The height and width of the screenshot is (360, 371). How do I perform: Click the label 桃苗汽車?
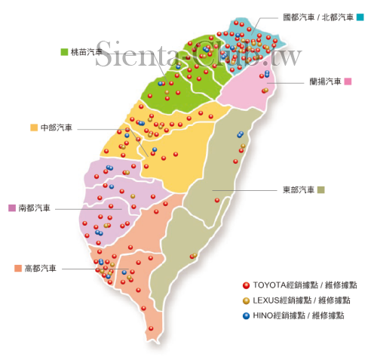(x=87, y=52)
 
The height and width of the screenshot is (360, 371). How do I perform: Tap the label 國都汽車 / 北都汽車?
(x=317, y=17)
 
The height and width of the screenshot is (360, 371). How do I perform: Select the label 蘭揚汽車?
(x=325, y=81)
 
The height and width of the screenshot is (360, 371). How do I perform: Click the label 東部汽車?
(x=298, y=189)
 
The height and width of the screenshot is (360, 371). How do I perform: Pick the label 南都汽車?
(x=34, y=208)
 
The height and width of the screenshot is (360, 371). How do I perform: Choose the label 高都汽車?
(x=41, y=268)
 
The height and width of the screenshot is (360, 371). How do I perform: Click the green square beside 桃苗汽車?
(x=65, y=52)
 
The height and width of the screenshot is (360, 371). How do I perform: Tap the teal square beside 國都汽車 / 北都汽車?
(x=360, y=17)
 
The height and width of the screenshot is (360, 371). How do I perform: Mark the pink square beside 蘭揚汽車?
(x=348, y=81)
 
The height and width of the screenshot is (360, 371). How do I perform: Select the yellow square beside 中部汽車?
(x=34, y=128)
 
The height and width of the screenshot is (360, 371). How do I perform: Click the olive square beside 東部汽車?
(x=320, y=189)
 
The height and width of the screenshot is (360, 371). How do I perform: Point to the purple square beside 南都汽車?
(x=12, y=208)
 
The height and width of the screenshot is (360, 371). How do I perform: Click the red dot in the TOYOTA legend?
(x=246, y=285)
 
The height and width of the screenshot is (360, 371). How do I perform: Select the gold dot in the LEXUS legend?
(x=246, y=300)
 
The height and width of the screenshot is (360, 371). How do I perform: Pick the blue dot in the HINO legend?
(x=246, y=315)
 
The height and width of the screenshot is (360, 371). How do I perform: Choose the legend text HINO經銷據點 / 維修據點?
(x=298, y=315)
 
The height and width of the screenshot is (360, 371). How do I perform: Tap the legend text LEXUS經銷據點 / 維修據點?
(x=300, y=300)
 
